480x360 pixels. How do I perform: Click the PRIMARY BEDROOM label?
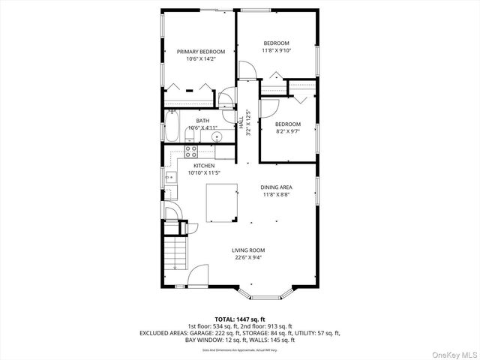(200, 52)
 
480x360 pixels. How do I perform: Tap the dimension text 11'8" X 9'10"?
(276, 50)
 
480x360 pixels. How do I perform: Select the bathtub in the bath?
(172, 125)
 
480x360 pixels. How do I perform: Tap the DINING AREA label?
(276, 187)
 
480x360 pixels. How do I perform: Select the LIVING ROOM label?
(247, 250)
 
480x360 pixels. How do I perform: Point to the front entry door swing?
(198, 277)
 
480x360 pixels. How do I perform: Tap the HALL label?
(240, 121)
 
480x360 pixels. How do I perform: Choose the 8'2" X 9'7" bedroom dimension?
(287, 131)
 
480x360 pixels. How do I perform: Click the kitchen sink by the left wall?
(170, 178)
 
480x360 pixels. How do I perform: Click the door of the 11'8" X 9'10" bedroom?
(248, 70)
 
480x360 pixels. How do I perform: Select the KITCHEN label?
(204, 166)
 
